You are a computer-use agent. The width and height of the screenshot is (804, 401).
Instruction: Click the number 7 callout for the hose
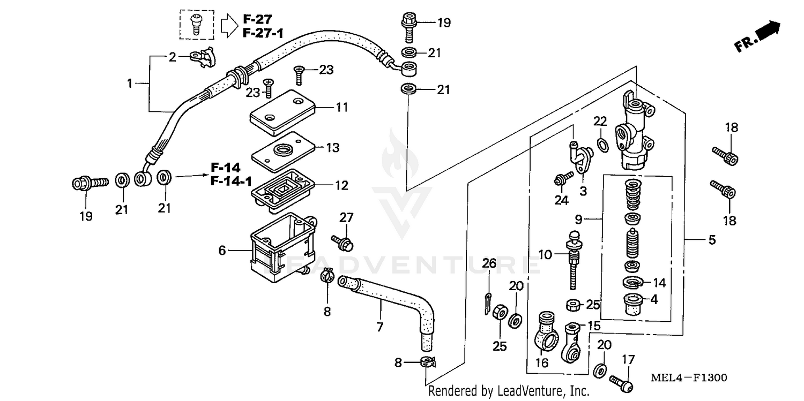click(380, 327)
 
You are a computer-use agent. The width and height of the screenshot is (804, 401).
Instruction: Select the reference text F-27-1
click(263, 33)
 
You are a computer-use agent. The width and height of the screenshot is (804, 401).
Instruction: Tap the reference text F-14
click(225, 167)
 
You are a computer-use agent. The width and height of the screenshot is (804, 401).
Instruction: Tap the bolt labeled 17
click(622, 383)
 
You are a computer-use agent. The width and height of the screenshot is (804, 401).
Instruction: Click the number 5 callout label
click(712, 240)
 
